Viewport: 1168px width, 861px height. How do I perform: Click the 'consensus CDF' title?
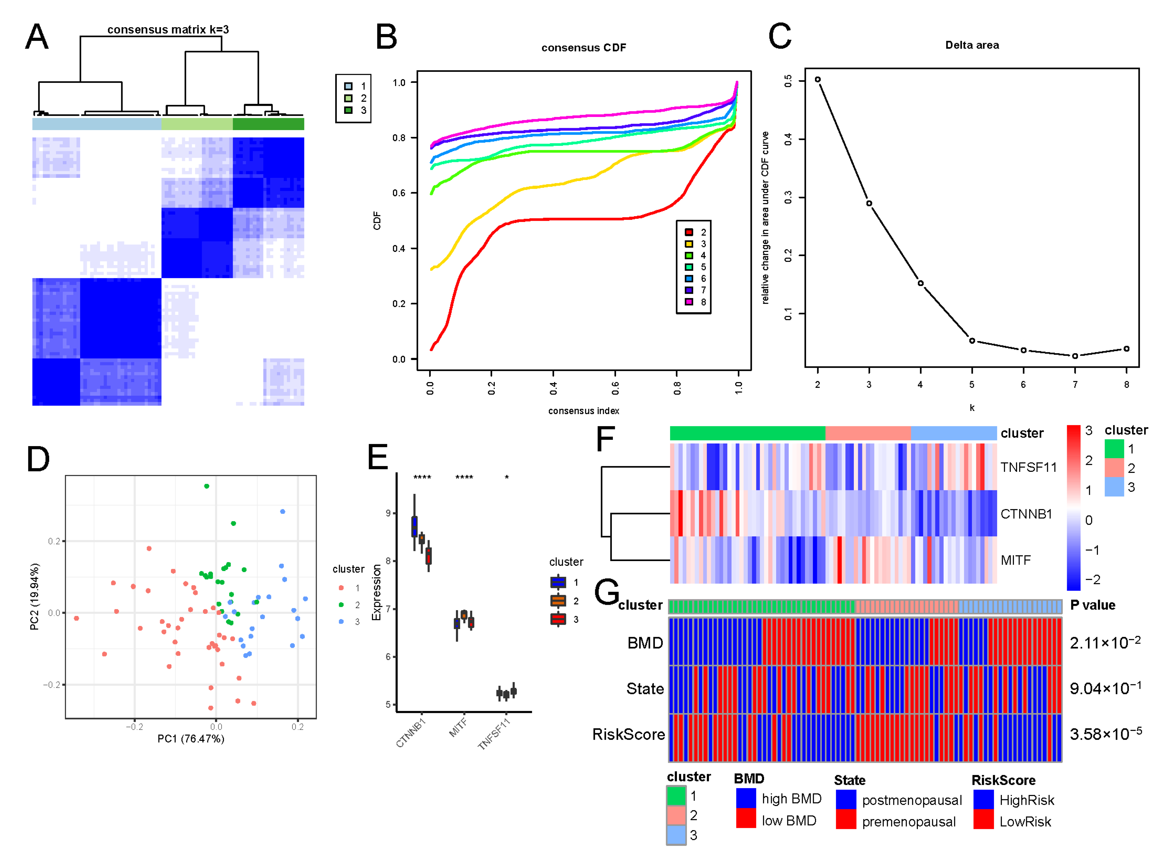[x=583, y=47]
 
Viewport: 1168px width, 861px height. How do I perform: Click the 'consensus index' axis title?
[x=583, y=411]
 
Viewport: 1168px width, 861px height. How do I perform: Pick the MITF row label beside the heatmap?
[x=1015, y=560]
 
